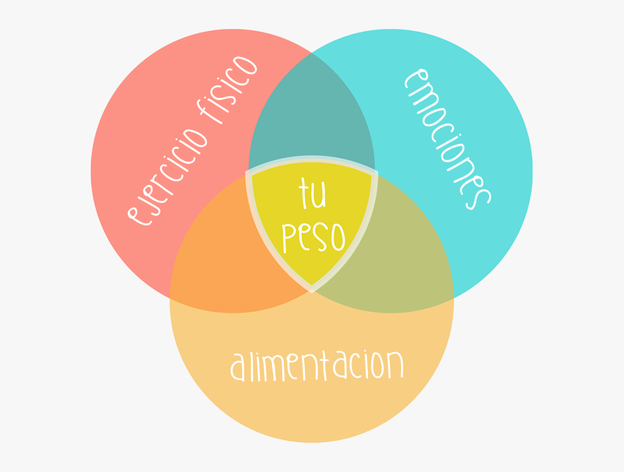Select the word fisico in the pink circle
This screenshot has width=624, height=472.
(x=227, y=90)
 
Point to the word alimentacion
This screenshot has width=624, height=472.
(x=317, y=365)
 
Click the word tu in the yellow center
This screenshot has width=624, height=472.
(x=313, y=194)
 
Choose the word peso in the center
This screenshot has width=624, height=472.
(x=313, y=237)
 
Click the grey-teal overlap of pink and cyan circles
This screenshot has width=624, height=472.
(x=311, y=115)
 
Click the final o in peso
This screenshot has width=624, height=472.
(x=338, y=236)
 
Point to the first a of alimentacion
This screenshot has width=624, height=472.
(x=237, y=366)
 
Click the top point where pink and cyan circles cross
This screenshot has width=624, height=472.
(x=311, y=52)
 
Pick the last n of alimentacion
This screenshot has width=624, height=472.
(x=395, y=364)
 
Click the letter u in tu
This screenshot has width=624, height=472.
(x=319, y=195)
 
